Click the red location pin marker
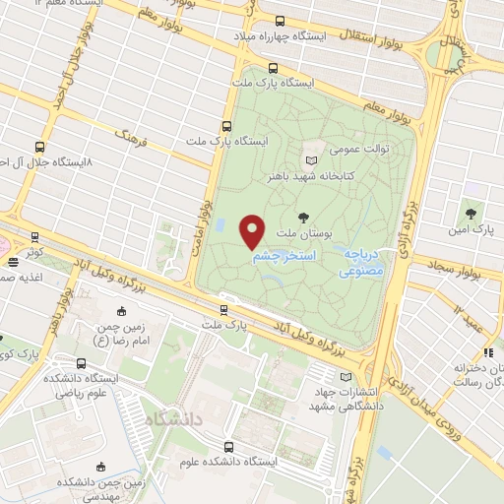point(253,229)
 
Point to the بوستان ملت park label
point(301,233)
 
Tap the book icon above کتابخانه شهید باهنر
point(312,159)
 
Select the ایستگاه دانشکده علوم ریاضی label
point(84,386)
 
